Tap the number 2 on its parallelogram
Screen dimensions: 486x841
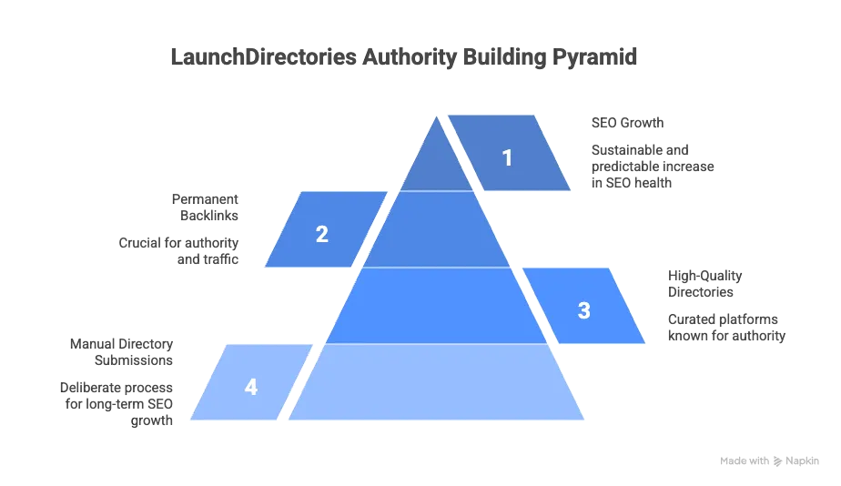click(x=321, y=234)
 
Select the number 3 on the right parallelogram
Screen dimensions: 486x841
click(x=583, y=310)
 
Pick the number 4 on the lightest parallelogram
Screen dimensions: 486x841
click(x=251, y=387)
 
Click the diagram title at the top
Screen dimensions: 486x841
click(x=404, y=56)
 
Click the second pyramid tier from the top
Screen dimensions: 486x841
click(x=438, y=229)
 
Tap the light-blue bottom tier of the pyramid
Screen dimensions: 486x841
click(x=438, y=382)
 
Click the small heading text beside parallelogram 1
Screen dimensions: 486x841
click(x=630, y=122)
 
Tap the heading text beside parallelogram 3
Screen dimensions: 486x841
click(x=702, y=284)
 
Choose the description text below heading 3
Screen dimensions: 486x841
click(x=723, y=328)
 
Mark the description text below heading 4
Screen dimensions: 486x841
click(x=118, y=401)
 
